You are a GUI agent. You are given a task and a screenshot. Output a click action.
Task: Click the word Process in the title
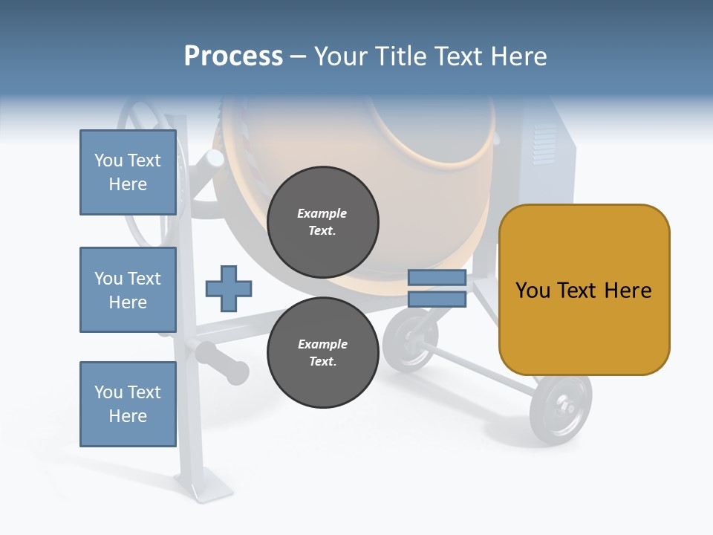click(x=233, y=56)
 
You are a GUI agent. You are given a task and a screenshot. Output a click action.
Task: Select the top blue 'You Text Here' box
click(x=128, y=172)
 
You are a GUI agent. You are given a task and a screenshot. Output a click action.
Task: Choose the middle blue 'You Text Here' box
click(x=128, y=290)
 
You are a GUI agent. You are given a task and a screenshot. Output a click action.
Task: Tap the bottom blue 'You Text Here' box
click(x=128, y=404)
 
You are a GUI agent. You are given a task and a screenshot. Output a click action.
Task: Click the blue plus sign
click(x=229, y=288)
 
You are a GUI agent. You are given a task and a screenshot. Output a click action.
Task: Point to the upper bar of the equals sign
click(x=437, y=278)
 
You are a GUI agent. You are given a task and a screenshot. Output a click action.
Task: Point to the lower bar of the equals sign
click(x=437, y=299)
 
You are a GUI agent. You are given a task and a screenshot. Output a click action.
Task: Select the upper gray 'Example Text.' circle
click(x=322, y=222)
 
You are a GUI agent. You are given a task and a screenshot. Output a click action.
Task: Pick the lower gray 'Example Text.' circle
click(x=322, y=353)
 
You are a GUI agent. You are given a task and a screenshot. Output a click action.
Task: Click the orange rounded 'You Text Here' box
click(x=584, y=290)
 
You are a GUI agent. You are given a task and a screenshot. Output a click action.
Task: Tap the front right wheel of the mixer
click(x=561, y=408)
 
